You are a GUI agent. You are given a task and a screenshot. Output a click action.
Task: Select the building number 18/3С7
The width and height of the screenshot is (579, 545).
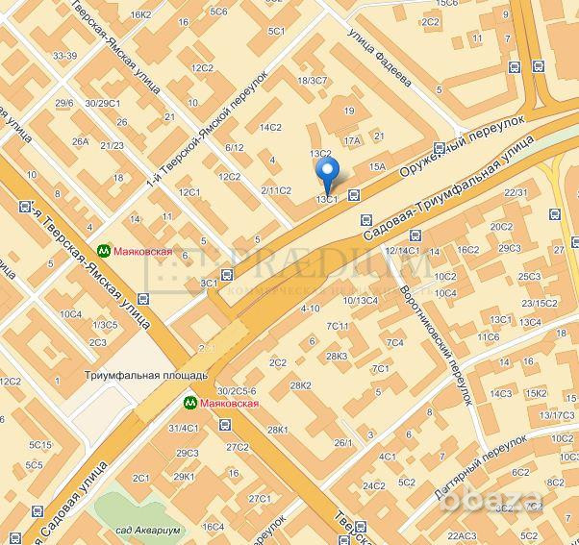click(x=313, y=80)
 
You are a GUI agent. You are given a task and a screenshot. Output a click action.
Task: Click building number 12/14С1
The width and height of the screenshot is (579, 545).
click(x=402, y=251)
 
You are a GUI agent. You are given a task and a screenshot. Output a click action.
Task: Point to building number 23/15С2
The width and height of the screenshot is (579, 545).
click(x=539, y=303)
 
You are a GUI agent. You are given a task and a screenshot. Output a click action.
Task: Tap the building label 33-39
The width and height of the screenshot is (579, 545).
click(x=65, y=56)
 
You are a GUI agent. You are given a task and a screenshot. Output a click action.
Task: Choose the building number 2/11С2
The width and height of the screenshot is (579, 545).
click(x=275, y=190)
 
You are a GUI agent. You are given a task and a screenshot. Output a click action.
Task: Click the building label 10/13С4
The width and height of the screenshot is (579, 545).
click(x=361, y=301)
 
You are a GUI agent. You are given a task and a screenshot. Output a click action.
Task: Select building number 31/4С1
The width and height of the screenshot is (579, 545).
click(x=183, y=428)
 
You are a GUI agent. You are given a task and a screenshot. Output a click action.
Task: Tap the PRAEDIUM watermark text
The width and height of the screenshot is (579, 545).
click(x=317, y=264)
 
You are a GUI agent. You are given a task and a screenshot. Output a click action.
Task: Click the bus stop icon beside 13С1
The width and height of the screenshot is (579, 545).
click(x=354, y=194)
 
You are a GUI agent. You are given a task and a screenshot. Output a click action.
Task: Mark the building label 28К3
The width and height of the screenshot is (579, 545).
click(x=337, y=356)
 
